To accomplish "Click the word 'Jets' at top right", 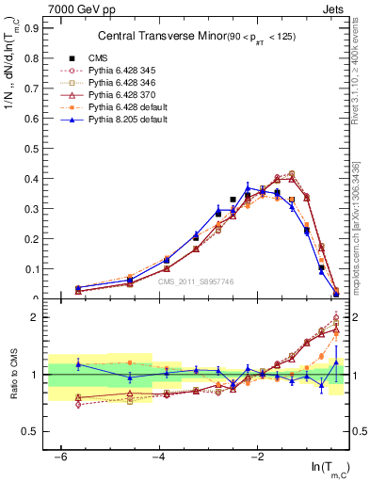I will (333, 8).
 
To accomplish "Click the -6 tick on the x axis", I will (61, 457).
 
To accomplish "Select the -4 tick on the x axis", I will (159, 457).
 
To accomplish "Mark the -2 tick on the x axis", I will (257, 457).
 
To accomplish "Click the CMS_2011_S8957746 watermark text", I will (196, 281).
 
